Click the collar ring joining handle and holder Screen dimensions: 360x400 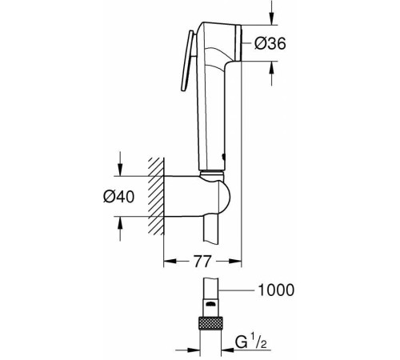point(214,173)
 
